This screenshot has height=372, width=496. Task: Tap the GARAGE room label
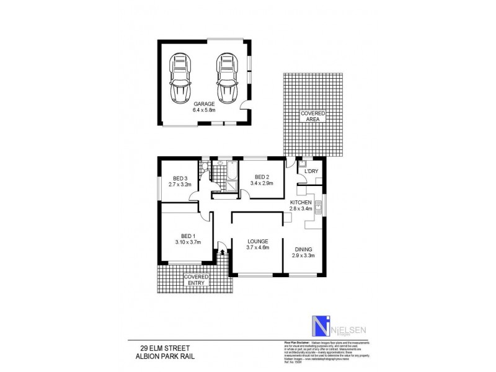[203, 104]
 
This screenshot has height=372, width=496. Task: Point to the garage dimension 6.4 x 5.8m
[203, 110]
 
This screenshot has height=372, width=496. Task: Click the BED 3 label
[180, 179]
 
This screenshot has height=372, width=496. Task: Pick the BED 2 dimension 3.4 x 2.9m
[262, 183]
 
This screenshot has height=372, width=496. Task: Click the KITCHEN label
[301, 202]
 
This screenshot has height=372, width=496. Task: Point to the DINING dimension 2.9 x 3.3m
[303, 255]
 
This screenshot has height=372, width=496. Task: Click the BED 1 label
[188, 236]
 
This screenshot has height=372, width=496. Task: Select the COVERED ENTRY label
[196, 280]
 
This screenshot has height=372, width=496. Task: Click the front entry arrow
[223, 252]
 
